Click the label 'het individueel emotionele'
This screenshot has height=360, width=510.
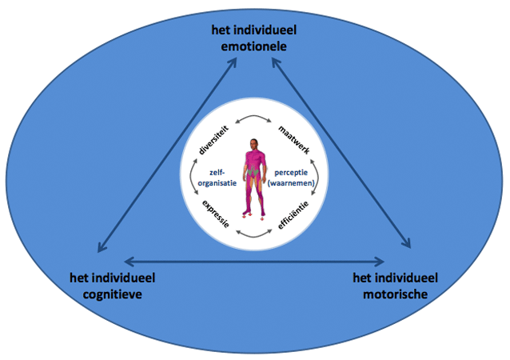coord(253,38)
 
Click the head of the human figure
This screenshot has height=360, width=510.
coord(254,144)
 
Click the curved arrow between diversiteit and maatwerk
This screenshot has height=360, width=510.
coord(253,119)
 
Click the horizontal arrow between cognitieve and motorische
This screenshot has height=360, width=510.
coord(254,260)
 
